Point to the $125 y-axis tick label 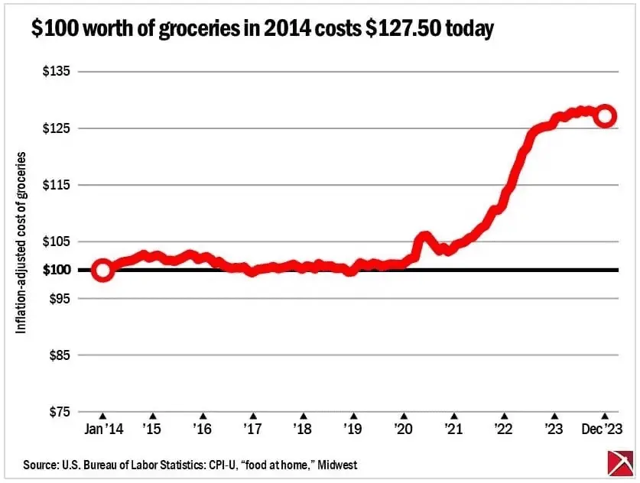55,128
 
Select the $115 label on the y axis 55,185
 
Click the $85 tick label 58,355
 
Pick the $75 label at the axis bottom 58,412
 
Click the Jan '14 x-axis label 103,429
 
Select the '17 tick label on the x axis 252,429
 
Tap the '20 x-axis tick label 403,429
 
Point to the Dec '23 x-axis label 603,429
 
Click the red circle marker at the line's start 103,270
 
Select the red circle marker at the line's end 606,116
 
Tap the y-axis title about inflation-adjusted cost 21,241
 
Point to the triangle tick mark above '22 504,417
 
